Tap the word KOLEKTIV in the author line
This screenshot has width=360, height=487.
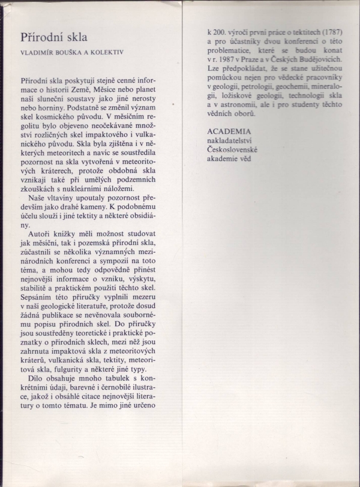[112, 52]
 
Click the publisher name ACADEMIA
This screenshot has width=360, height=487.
[227, 130]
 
